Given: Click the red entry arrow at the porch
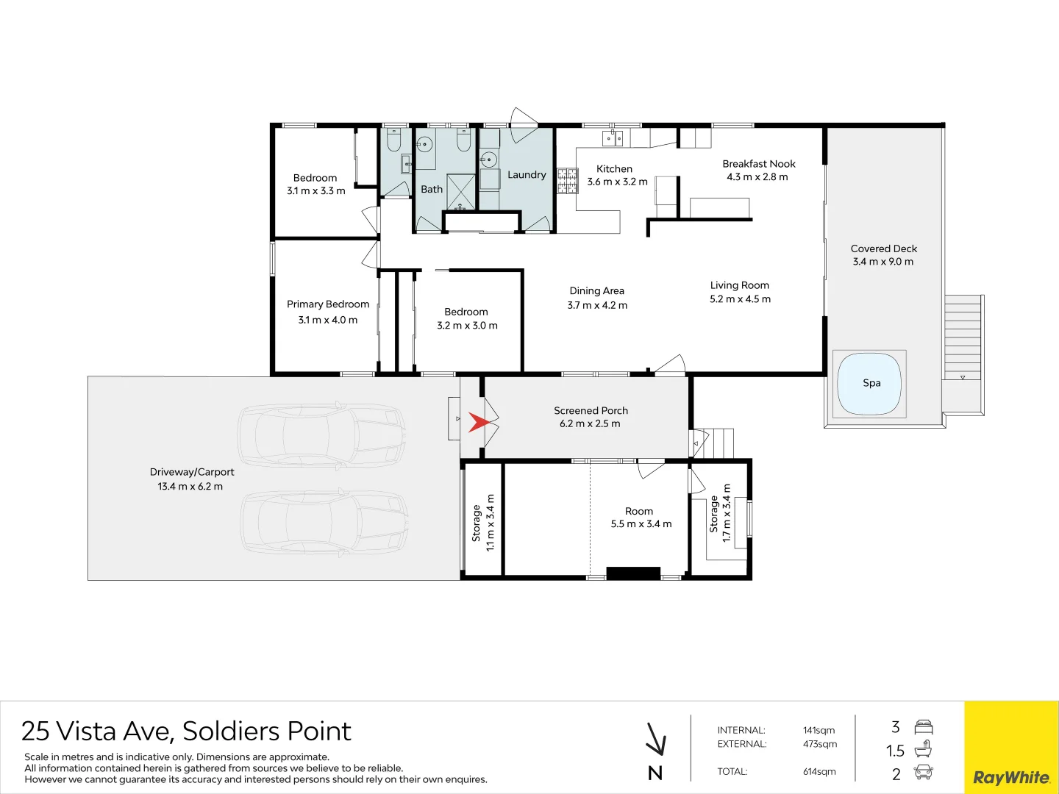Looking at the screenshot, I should point(479,423).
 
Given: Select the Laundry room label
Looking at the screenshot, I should point(527,175).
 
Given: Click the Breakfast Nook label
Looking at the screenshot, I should point(758,164).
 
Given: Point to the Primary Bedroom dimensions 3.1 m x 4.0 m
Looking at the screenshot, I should point(328,320).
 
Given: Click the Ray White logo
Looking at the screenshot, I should point(1011,777).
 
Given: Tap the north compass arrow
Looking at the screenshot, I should point(655,740).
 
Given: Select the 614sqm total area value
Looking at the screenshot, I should point(819,772).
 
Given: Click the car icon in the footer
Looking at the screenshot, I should point(923,773).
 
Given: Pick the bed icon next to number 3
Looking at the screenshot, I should point(923,728).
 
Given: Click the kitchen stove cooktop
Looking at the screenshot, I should point(567,181).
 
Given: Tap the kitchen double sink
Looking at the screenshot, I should point(613,137).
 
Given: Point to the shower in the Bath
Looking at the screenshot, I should point(461,192).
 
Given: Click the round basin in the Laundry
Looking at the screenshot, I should point(488,159).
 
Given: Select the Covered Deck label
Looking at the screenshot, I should point(883,248).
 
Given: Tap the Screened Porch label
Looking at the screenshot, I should point(591,411).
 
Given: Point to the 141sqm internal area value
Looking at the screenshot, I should point(819,731).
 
